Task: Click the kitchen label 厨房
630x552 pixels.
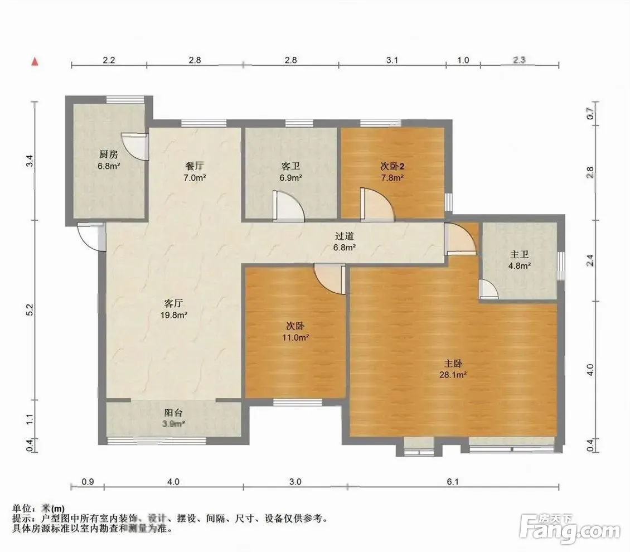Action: tap(109, 154)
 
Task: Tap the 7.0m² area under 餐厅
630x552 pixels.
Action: tap(195, 177)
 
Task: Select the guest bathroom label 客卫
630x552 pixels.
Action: tap(290, 166)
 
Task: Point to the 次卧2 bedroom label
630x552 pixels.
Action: tap(392, 166)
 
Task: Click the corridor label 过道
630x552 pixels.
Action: tap(345, 236)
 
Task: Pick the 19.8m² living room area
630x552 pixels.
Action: tap(173, 315)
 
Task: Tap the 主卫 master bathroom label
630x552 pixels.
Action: tap(519, 254)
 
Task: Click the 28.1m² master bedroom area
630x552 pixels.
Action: tap(453, 375)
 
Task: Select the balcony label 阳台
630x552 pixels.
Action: tap(173, 413)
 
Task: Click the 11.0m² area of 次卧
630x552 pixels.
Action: tap(295, 337)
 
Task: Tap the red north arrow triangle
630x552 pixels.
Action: tap(35, 62)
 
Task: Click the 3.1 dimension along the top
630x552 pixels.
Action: tap(392, 60)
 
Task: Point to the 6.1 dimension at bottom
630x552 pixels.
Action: tap(453, 481)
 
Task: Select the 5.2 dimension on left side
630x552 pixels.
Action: tap(30, 310)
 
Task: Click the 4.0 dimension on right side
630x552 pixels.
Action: tap(590, 370)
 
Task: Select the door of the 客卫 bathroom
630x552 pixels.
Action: tap(288, 206)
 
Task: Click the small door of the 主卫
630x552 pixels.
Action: tap(488, 289)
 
